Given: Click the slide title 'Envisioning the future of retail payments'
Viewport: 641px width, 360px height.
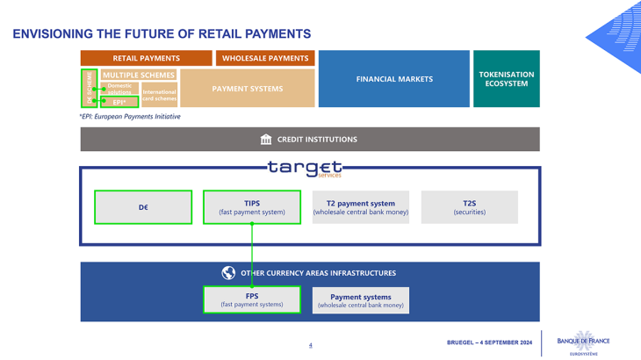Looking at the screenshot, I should click(162, 34).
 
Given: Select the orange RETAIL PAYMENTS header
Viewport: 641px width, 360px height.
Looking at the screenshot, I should click(146, 58).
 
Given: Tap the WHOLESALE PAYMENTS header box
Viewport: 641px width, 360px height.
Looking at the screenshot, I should click(264, 58).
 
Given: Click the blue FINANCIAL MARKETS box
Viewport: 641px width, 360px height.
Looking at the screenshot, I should click(394, 79).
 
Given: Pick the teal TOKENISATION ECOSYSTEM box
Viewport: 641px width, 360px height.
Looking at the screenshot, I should click(506, 79).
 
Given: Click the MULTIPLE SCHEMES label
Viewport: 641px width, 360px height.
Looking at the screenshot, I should click(139, 76).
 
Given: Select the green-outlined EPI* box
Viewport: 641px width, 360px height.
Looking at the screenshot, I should click(119, 102).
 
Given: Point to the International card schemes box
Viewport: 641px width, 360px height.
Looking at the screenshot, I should click(159, 95).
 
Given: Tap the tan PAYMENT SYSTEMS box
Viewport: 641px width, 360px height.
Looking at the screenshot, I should click(247, 89).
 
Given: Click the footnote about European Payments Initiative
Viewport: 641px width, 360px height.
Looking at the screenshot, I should click(129, 116).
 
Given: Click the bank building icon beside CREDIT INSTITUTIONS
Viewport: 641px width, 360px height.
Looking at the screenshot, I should click(266, 140).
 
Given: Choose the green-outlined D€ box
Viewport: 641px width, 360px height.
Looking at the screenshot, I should click(143, 207).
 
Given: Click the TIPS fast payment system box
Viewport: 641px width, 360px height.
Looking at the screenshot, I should click(252, 207).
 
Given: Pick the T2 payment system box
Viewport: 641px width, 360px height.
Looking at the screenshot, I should click(361, 207).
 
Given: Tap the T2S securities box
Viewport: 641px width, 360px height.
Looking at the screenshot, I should click(469, 207).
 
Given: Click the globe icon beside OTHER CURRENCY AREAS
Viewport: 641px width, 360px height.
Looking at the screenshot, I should click(228, 273).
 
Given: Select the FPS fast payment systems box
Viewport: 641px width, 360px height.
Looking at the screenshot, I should click(252, 300).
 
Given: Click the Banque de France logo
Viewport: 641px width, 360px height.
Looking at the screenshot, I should click(583, 342).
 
